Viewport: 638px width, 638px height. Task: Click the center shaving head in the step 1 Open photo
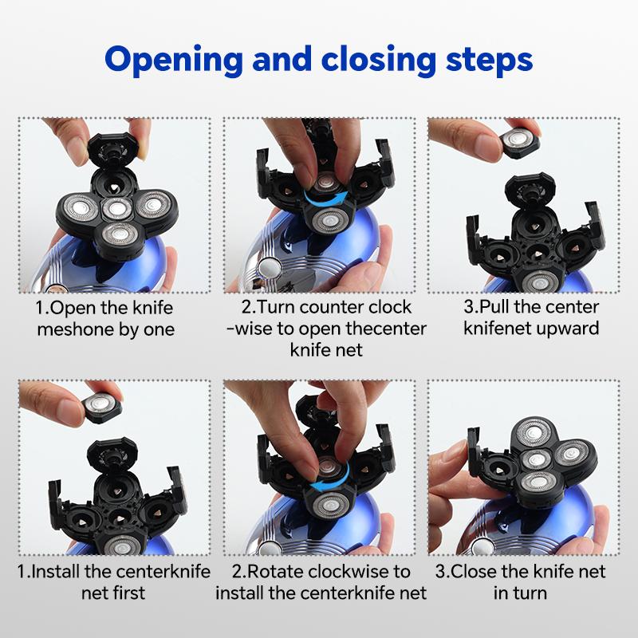click(x=117, y=209)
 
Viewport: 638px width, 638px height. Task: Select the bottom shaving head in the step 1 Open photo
click(x=120, y=236)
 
